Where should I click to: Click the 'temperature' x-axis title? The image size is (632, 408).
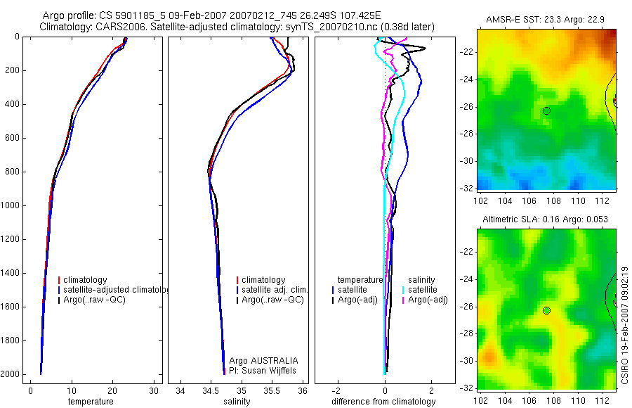[x=91, y=402]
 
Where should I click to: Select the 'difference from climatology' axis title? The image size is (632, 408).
[x=384, y=402]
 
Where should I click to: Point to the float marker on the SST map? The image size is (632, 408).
[x=546, y=111]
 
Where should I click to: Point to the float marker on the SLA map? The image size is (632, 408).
[x=546, y=311]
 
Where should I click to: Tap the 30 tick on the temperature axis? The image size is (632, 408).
[x=154, y=390]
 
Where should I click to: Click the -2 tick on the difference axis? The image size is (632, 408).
[x=338, y=390]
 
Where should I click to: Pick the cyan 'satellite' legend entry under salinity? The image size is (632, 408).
[x=423, y=290]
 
